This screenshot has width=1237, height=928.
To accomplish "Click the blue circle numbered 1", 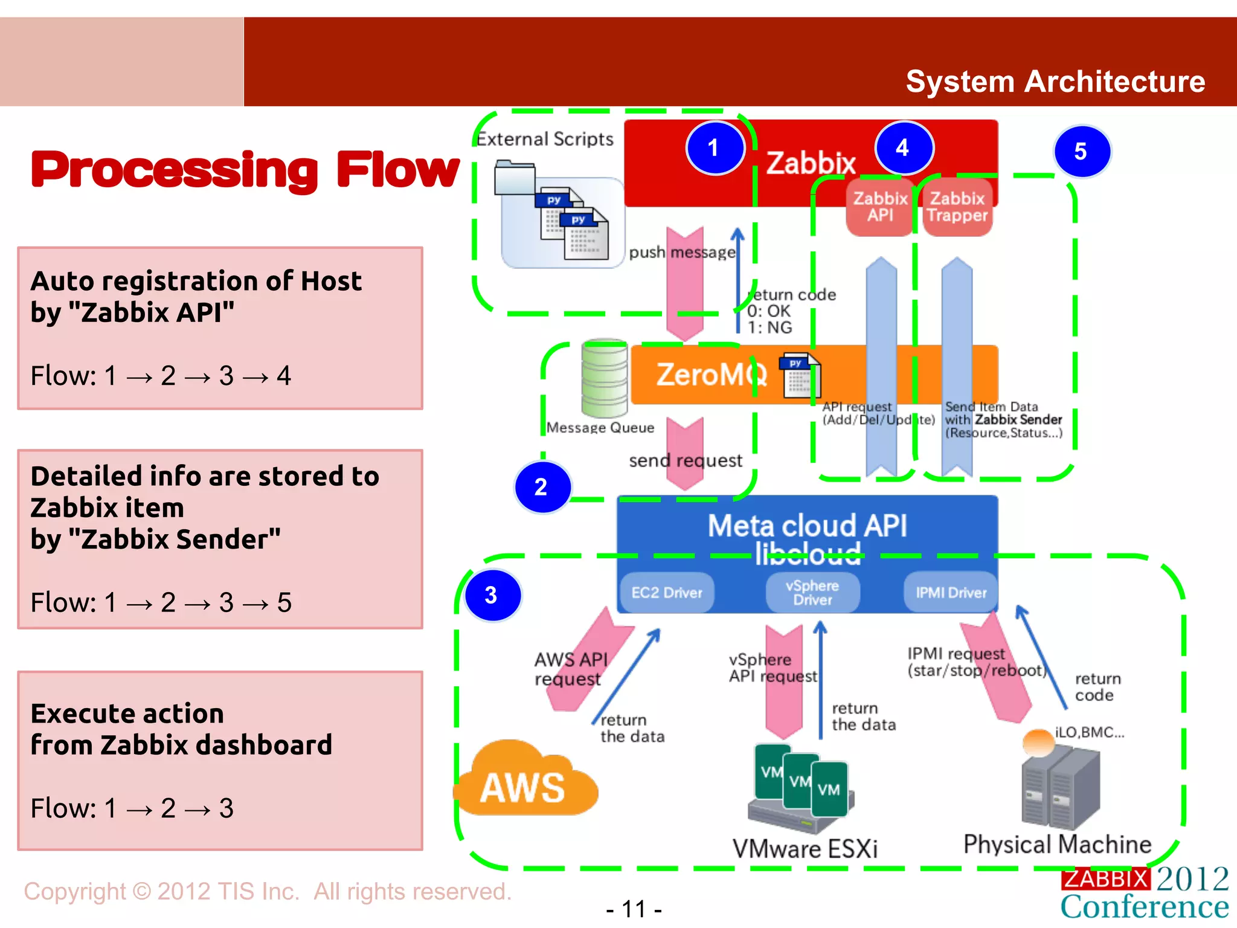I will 715,148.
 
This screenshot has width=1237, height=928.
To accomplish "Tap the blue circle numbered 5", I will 1081,151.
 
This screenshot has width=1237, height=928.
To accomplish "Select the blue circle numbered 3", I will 492,595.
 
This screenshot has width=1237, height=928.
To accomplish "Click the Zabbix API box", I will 879,207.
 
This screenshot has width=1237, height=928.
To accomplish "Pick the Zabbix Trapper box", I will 957,207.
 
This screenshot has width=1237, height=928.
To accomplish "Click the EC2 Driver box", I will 667,593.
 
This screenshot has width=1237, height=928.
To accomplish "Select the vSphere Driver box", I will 812,593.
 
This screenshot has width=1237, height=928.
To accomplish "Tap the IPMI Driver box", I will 951,593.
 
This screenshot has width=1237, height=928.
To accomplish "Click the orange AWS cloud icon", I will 524,782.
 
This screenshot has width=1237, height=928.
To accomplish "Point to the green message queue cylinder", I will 604,378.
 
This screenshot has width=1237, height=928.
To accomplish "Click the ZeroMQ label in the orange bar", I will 712,375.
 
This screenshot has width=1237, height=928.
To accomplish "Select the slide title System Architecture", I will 1055,82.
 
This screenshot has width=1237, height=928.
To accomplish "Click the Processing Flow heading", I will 245,170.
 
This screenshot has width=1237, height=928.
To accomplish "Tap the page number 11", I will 634,909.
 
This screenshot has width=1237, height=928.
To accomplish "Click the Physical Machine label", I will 1057,844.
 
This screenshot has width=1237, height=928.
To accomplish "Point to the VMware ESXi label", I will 805,848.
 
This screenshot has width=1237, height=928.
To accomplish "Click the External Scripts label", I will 545,139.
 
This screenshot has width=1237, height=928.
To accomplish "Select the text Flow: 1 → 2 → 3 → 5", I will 161,602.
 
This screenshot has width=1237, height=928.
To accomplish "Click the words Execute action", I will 127,714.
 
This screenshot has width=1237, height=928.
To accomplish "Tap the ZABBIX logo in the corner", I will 1104,878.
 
